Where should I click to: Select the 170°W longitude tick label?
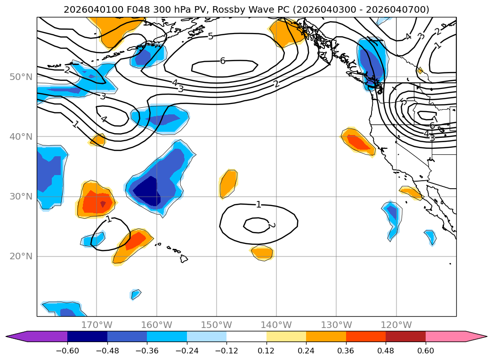coord(97,325)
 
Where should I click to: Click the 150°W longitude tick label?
coord(217,325)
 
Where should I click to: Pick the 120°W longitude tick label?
coord(396,325)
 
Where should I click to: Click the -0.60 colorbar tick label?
coord(67,352)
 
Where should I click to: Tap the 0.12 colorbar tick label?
coord(267,352)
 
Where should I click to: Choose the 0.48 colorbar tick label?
coord(386,352)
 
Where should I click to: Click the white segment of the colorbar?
coord(246,336)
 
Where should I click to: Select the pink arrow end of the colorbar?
coord(476,336)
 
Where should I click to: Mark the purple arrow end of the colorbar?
coord(16,336)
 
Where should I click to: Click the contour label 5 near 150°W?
coord(210,36)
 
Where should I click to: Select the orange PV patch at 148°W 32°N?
coord(228,183)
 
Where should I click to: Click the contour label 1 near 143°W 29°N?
coord(259,204)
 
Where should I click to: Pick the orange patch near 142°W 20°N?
coord(262,253)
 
